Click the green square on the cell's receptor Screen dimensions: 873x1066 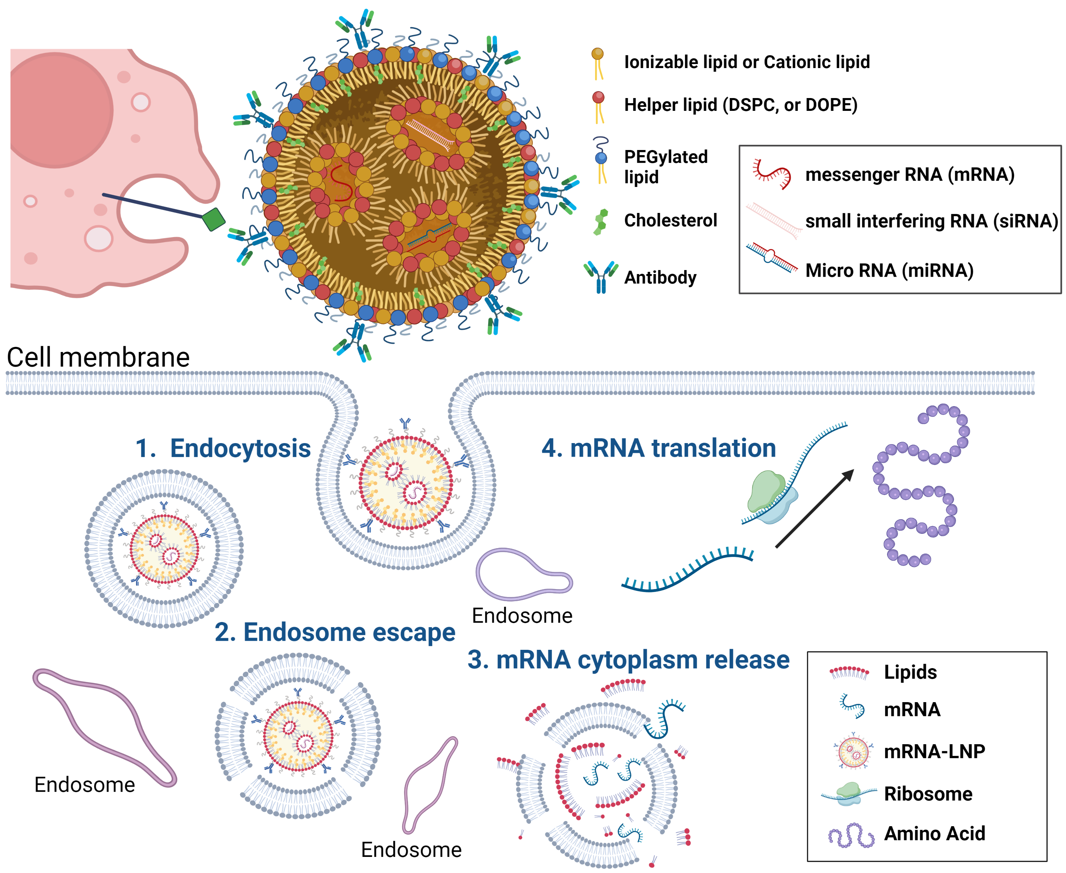[x=213, y=219]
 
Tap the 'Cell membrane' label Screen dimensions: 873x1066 [x=98, y=357]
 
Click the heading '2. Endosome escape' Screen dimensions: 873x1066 [x=335, y=632]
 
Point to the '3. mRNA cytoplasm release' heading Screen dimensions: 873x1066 [x=628, y=659]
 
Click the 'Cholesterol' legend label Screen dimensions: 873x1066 [x=670, y=220]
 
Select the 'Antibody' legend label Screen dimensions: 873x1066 [x=660, y=277]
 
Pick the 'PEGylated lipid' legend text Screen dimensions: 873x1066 [x=665, y=167]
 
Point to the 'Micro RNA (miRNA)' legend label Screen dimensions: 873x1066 [x=889, y=270]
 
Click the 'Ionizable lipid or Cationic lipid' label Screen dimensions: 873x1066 [x=747, y=62]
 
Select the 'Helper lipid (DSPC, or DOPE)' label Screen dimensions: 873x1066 [x=741, y=105]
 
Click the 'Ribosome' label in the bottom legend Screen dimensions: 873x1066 [x=928, y=794]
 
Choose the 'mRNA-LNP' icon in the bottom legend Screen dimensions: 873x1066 [x=853, y=751]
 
